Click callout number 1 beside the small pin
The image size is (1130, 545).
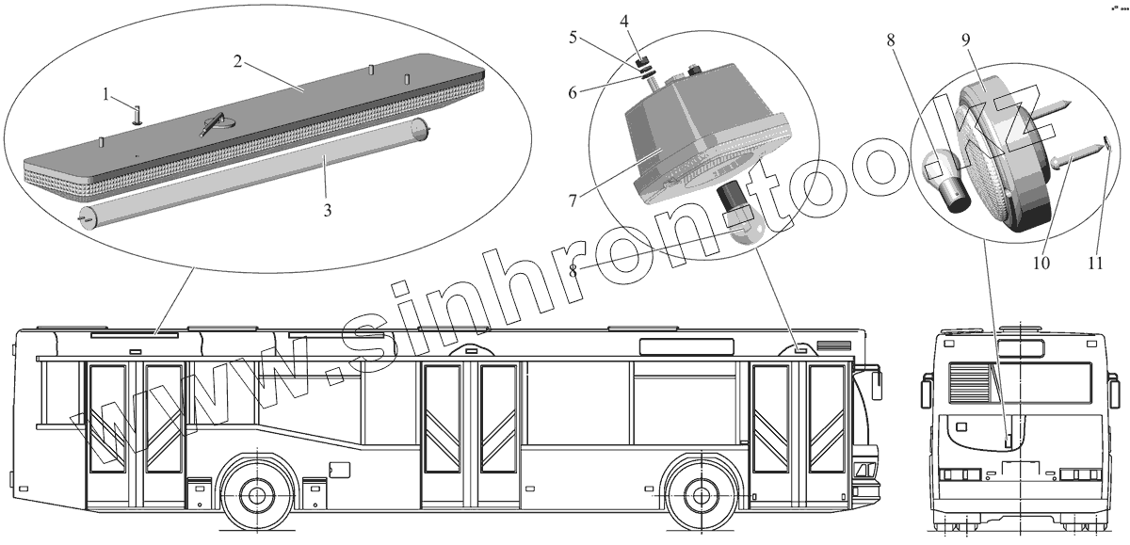(105, 94)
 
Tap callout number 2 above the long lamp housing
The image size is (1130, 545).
(237, 61)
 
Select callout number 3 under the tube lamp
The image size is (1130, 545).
(328, 210)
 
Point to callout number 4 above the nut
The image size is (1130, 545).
(624, 22)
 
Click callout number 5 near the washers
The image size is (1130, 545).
(573, 38)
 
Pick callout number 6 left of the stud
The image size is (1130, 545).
(573, 93)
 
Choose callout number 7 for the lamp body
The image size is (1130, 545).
(573, 201)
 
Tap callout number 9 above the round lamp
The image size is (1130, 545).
(965, 40)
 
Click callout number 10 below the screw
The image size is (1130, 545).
(1041, 263)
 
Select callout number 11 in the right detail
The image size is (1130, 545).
(1095, 263)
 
